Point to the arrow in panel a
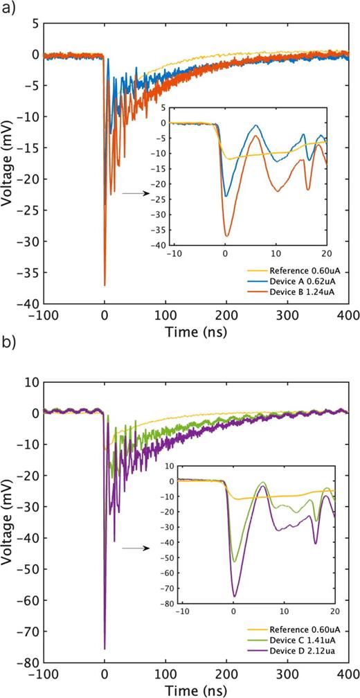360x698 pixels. (133, 193)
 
